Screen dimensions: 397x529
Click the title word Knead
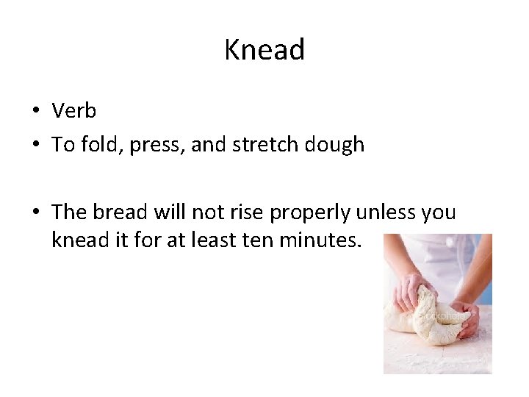264,50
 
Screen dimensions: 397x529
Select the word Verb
74,111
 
